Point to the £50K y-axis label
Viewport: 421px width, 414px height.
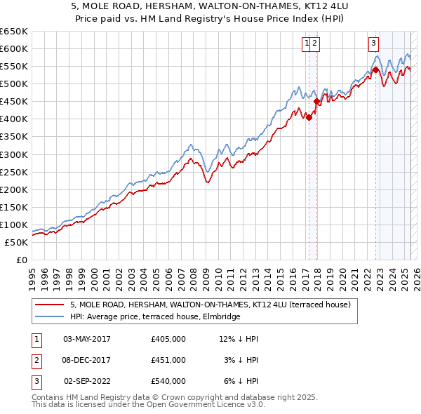tap(15, 242)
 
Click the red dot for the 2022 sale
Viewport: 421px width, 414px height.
tap(375, 69)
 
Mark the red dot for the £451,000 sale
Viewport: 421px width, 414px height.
tap(316, 101)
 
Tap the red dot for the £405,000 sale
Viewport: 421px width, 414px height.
tap(309, 117)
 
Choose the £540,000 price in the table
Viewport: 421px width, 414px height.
tap(168, 381)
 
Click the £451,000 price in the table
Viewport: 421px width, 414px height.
tap(168, 360)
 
